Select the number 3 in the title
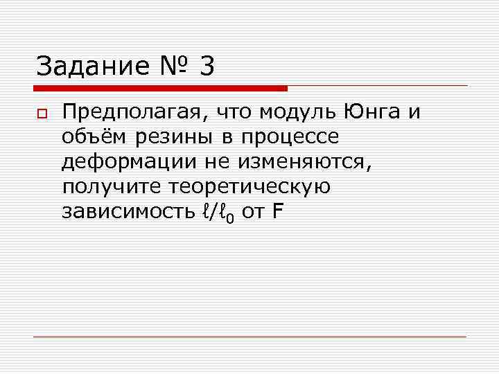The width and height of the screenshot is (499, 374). point(206,66)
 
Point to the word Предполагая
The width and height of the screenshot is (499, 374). point(135,112)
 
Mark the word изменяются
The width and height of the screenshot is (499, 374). point(308,162)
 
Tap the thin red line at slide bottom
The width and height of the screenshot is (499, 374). point(249,337)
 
